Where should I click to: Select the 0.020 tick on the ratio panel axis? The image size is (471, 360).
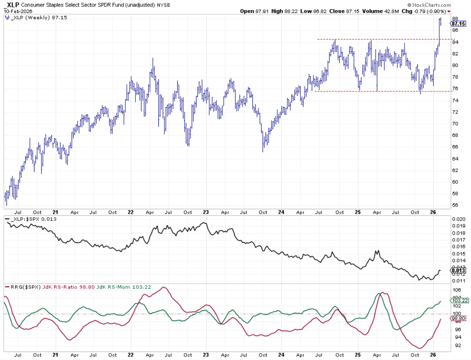point(458,219)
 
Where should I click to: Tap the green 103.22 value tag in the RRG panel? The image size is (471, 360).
point(460,301)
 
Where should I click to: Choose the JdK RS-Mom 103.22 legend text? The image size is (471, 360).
point(115,287)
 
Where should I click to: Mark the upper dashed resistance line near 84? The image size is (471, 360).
point(376,39)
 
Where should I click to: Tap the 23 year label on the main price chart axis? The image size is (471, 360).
point(206,213)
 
